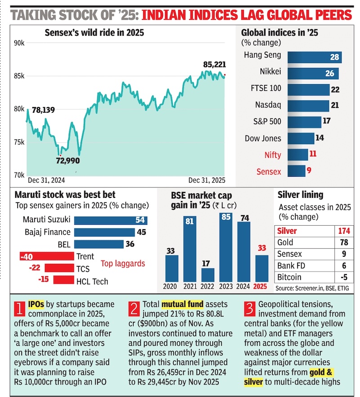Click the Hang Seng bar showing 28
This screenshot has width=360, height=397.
pos(314,57)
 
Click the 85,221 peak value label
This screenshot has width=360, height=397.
pos(214,65)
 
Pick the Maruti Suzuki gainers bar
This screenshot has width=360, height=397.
pos(110,220)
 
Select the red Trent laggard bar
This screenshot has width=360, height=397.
pos(47,256)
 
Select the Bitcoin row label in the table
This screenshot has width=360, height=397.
pos(289,277)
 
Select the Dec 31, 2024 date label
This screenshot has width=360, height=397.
pos(46,180)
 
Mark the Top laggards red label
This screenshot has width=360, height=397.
pos(122,263)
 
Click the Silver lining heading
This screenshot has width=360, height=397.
pos(301,195)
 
